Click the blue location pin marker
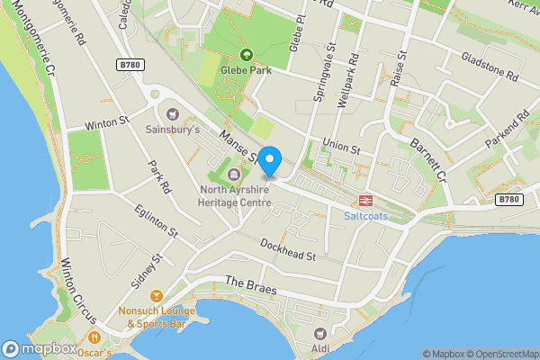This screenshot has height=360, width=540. click(270, 160)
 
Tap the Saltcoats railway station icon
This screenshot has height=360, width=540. click(366, 202)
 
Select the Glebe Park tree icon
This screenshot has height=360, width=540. click(247, 56)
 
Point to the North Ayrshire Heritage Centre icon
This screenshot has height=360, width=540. click(235, 174)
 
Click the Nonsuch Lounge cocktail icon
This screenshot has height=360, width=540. click(157, 295)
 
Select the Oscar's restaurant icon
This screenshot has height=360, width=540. click(94, 337)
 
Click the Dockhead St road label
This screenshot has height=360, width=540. click(287, 249)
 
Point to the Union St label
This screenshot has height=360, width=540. click(342, 147)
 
